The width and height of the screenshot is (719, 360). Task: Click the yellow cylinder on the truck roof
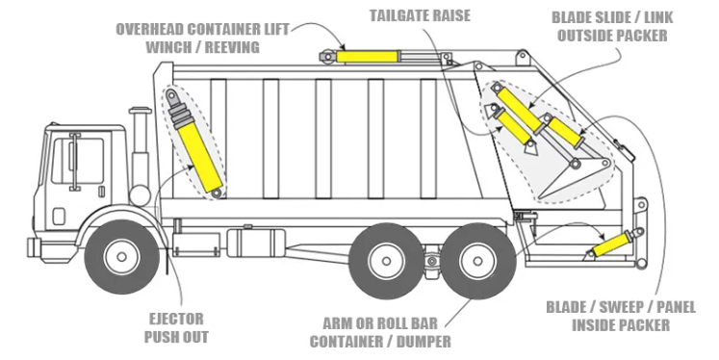point(367,57)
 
